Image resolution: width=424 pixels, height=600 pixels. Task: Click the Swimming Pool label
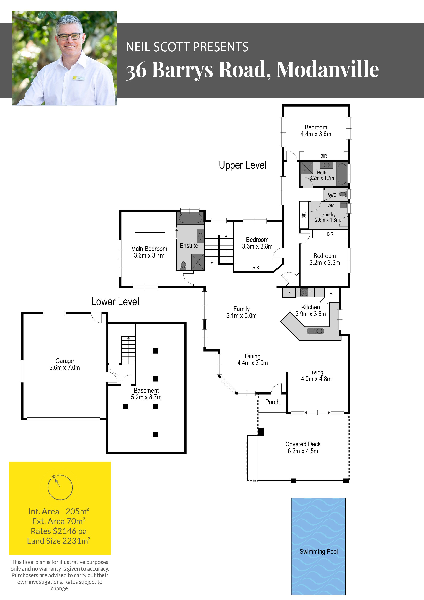pyautogui.click(x=318, y=552)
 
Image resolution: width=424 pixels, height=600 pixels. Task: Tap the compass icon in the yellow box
pyautogui.click(x=60, y=487)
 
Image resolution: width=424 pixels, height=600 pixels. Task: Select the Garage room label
pyautogui.click(x=65, y=361)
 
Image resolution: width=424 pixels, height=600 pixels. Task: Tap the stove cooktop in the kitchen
pyautogui.click(x=304, y=292)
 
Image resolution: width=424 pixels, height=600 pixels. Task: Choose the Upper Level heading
pyautogui.click(x=243, y=165)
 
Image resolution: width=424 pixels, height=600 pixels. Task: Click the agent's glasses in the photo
pyautogui.click(x=69, y=37)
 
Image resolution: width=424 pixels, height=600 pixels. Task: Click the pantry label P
pyautogui.click(x=331, y=295)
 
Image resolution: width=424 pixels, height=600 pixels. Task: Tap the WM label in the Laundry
pyautogui.click(x=331, y=205)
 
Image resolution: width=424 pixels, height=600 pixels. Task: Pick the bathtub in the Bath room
pyautogui.click(x=342, y=174)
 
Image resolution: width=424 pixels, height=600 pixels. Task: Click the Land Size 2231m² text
pyautogui.click(x=59, y=541)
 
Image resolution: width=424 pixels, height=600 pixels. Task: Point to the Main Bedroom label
pyautogui.click(x=149, y=249)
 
